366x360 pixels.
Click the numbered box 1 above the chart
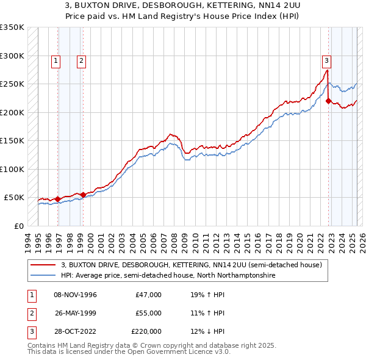click(x=56, y=60)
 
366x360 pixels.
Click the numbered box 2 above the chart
click(x=81, y=60)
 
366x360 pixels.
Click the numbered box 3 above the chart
click(x=327, y=60)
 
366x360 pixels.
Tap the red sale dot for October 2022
click(x=328, y=101)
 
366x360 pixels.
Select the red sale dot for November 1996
click(x=57, y=199)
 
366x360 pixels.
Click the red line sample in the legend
click(x=42, y=265)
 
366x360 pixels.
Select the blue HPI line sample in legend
click(x=42, y=276)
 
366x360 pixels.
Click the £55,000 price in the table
click(x=148, y=313)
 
